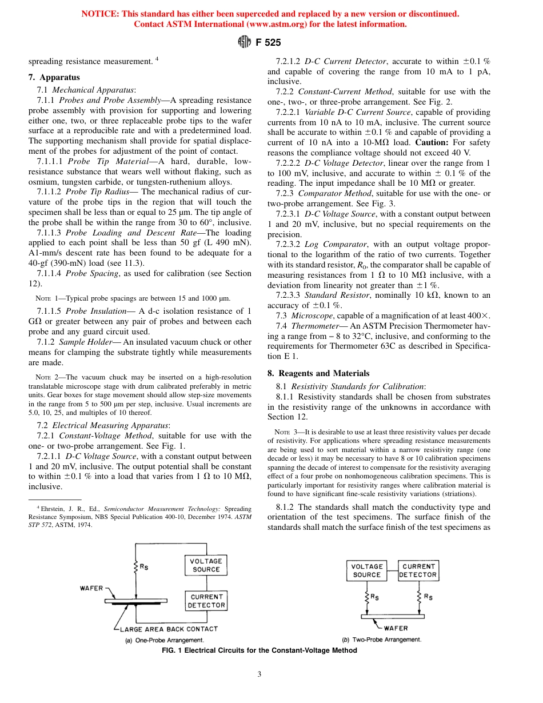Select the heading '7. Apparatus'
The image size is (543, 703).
(54, 77)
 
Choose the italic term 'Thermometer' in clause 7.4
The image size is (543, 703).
(318, 326)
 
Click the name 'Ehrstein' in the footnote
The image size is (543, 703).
(54, 508)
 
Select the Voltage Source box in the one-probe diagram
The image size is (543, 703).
(206, 565)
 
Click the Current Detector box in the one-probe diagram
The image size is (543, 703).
(206, 601)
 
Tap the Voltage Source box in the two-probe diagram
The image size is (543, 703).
(366, 570)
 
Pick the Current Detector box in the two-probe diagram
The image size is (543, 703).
(418, 570)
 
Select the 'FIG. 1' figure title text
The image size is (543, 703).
(173, 650)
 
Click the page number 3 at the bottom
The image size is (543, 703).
(259, 674)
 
